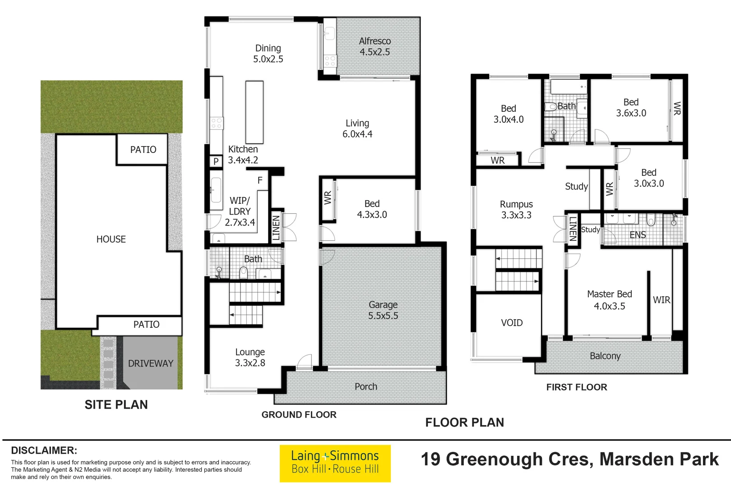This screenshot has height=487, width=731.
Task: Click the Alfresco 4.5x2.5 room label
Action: pyautogui.click(x=375, y=46)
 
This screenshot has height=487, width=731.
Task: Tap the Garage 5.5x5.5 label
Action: pyautogui.click(x=383, y=310)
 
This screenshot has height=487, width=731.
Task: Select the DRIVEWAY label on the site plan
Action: pyautogui.click(x=150, y=363)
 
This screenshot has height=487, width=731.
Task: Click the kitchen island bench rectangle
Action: pyautogui.click(x=254, y=112)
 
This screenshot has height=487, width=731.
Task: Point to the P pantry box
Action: pyautogui.click(x=216, y=161)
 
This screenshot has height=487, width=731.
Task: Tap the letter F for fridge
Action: pyautogui.click(x=260, y=180)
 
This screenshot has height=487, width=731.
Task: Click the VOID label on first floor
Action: pyautogui.click(x=512, y=323)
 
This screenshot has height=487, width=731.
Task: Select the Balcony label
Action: pyautogui.click(x=605, y=356)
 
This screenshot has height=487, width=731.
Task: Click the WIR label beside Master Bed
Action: pyautogui.click(x=662, y=300)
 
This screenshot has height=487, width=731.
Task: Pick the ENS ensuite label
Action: pyautogui.click(x=638, y=235)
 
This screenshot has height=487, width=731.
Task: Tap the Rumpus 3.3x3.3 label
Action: pyautogui.click(x=516, y=210)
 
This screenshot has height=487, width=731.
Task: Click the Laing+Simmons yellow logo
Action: pyautogui.click(x=335, y=463)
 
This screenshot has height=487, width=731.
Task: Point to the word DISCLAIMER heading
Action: pyautogui.click(x=44, y=450)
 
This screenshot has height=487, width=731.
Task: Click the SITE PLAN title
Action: pyautogui.click(x=116, y=404)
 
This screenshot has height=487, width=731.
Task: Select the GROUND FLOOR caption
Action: pyautogui.click(x=299, y=414)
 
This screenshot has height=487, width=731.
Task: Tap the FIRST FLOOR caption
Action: pyautogui.click(x=576, y=387)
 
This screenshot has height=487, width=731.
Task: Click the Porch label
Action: pyautogui.click(x=365, y=386)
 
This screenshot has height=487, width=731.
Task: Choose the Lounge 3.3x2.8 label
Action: pyautogui.click(x=250, y=357)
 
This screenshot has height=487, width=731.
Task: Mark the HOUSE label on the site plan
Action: pyautogui.click(x=111, y=239)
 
